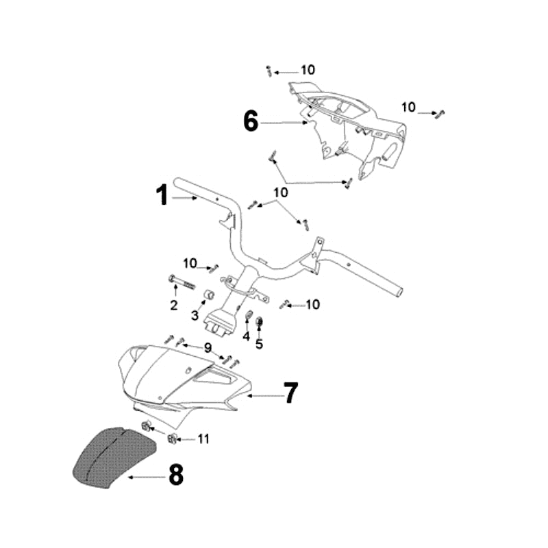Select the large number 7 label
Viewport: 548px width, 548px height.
[291, 394]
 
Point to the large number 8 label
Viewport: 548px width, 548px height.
[176, 475]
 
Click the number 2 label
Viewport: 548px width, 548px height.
[174, 304]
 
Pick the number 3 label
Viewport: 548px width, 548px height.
[195, 316]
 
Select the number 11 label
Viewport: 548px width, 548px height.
[203, 438]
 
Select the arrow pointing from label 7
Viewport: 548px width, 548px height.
[264, 395]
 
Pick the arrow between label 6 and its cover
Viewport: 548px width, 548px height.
[284, 123]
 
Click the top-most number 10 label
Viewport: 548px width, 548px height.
[308, 70]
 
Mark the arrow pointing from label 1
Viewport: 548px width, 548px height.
[185, 199]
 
